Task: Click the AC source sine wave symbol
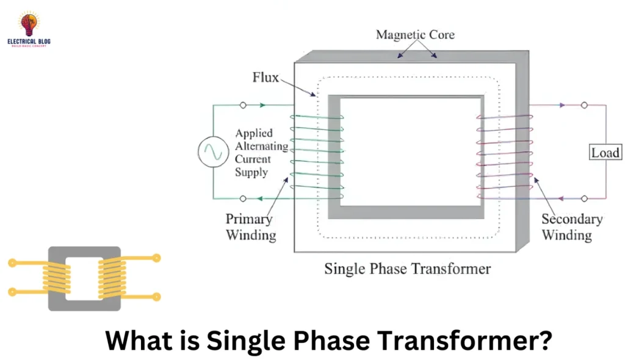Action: coord(212,152)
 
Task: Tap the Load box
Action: coord(605,152)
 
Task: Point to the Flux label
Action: coord(266,77)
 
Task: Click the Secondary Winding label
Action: coord(571,226)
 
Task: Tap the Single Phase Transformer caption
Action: coord(407,268)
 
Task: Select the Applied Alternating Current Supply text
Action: coord(261,153)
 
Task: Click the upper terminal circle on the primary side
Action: coord(243,105)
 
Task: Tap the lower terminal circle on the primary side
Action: coord(243,198)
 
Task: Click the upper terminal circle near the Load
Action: coord(584,105)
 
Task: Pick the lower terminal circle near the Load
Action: coord(584,198)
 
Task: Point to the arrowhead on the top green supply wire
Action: coord(262,105)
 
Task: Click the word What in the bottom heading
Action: coord(134,339)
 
